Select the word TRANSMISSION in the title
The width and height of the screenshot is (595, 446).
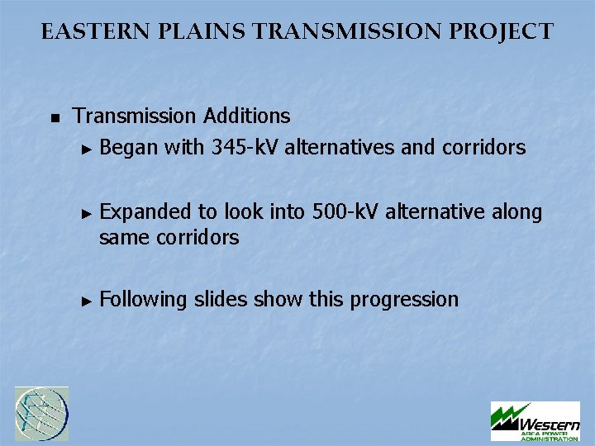pos(330,32)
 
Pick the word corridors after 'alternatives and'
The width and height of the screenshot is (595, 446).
pos(483,148)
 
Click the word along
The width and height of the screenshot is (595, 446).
pos(516,212)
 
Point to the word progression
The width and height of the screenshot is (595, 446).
pos(404,300)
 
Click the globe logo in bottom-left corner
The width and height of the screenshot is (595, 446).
pos(41,414)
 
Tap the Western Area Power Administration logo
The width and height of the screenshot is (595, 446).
pos(535,421)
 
